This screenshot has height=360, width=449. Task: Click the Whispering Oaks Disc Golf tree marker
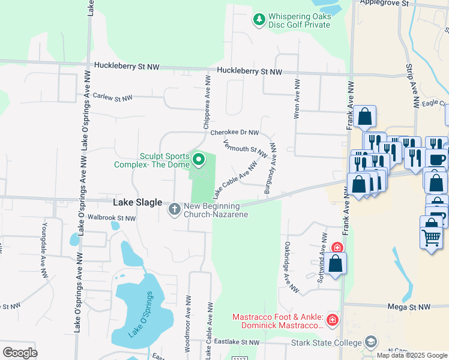(259, 20)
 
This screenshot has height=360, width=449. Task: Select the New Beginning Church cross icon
(174, 209)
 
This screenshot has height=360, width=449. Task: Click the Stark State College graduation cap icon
(371, 342)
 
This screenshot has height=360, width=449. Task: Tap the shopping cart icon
(431, 238)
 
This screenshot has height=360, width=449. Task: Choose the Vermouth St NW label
(244, 149)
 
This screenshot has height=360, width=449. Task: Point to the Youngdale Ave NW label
(44, 251)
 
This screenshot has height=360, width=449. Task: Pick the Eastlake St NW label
(237, 342)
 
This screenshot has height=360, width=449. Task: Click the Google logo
(20, 352)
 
